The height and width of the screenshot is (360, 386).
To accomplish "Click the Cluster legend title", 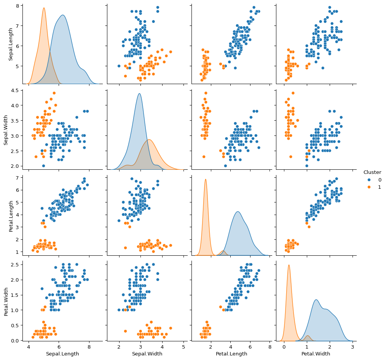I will tap(372, 172).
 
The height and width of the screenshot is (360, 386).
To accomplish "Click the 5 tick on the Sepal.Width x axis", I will tap(183, 347).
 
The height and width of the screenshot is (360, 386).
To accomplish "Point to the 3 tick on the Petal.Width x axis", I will tap(352, 347).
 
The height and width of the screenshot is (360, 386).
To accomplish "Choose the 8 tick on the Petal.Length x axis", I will tap(270, 347).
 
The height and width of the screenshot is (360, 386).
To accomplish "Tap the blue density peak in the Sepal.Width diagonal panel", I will tap(139, 94).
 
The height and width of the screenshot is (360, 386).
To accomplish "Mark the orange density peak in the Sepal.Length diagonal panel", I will tap(44, 8).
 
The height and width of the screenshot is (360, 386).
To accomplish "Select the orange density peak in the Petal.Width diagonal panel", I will tap(289, 265).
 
